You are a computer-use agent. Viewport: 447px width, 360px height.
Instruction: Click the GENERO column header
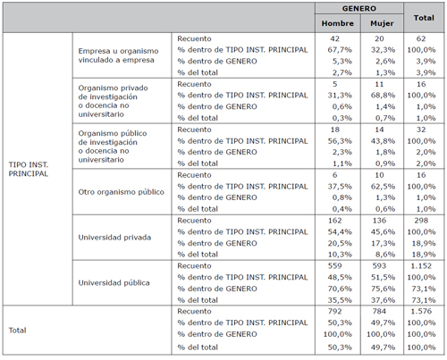coord(359,8)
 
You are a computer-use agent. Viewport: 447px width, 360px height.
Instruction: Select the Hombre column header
coord(338,23)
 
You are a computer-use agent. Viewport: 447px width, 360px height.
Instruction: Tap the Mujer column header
coord(382,23)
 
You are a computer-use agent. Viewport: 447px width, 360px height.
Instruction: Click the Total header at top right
coord(424,18)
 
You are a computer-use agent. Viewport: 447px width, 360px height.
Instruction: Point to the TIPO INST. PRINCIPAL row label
coord(29,169)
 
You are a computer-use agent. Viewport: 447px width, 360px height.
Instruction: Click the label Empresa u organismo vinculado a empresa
coord(118,55)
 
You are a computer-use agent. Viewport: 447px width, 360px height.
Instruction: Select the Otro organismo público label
coord(121,192)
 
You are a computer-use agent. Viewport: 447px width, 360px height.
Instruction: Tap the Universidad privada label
coord(114,238)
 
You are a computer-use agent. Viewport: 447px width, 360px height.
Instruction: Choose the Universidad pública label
coord(114,282)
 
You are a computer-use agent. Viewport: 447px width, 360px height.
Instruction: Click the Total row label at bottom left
coord(17,331)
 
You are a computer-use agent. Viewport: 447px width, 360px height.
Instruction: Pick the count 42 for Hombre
coord(334,38)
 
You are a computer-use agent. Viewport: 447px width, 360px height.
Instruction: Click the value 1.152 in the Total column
coord(421,266)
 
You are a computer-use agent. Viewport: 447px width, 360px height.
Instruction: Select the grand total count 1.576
coord(421,311)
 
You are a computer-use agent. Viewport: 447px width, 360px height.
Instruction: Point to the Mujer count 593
coord(379,266)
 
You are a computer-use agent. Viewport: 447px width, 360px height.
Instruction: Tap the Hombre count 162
coord(334,221)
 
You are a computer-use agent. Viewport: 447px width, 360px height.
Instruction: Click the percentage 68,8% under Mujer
coord(383,96)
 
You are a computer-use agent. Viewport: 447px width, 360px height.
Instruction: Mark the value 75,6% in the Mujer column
coord(383,289)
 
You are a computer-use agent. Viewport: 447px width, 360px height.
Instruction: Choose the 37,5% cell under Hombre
coord(340,187)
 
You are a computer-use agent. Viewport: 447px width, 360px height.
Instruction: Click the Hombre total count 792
coord(334,311)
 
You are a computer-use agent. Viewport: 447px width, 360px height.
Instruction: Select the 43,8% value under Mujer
coord(383,141)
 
